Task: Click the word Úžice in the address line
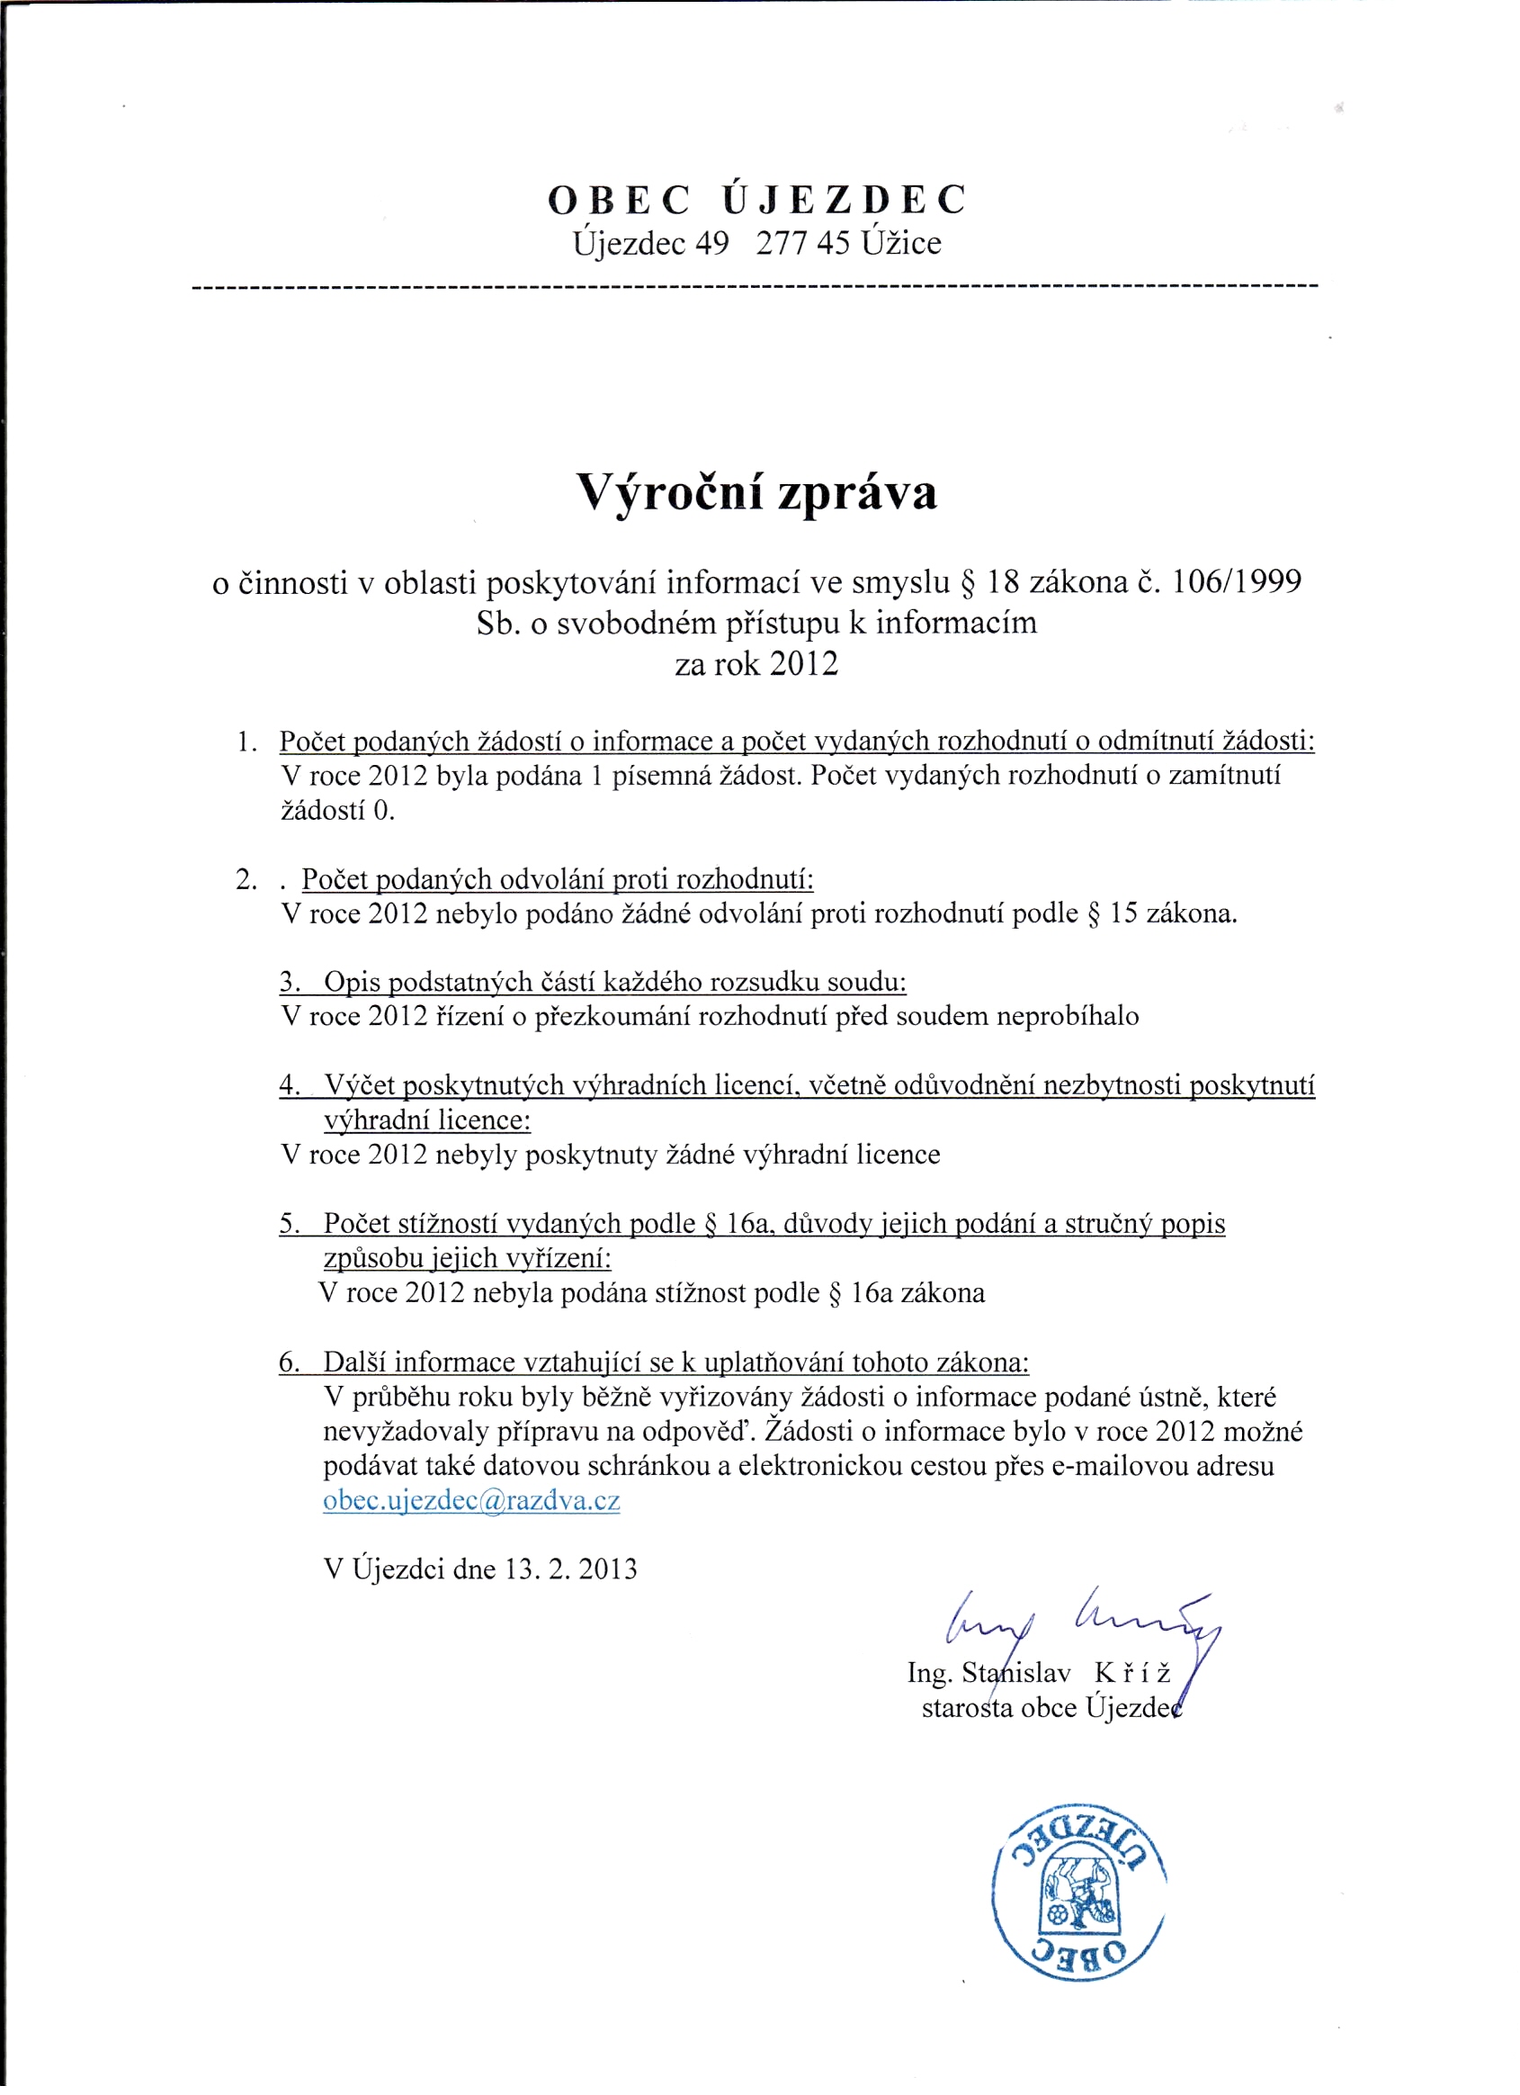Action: pyautogui.click(x=901, y=244)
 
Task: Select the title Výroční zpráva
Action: pyautogui.click(x=757, y=492)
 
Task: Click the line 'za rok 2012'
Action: pyautogui.click(x=757, y=664)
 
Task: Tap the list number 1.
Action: pyautogui.click(x=245, y=742)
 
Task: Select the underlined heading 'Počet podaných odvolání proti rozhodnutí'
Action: pyautogui.click(x=557, y=879)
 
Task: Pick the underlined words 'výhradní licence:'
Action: pyautogui.click(x=426, y=1120)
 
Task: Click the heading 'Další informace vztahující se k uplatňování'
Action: pyautogui.click(x=675, y=1362)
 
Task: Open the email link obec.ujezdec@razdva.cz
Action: pyautogui.click(x=471, y=1501)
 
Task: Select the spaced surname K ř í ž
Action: pyautogui.click(x=1132, y=1674)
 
